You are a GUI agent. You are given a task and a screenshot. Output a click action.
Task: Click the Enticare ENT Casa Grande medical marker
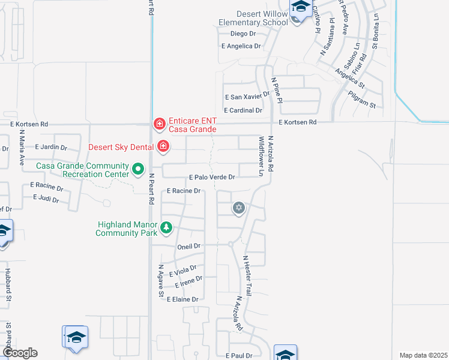click(159, 124)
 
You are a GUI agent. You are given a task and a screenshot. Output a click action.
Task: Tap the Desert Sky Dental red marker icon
click(163, 146)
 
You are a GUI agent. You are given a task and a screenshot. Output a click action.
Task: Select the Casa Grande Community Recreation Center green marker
click(138, 169)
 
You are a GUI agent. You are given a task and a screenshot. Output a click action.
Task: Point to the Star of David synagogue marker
click(239, 208)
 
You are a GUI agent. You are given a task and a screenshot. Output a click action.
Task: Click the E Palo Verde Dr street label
click(212, 178)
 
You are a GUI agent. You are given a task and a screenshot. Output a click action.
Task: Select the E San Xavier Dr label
click(247, 97)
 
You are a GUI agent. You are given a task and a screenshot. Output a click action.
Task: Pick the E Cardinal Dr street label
click(243, 110)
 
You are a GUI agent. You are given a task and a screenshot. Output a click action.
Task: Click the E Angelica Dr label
click(241, 46)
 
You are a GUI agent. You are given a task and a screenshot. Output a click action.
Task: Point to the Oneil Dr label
click(188, 246)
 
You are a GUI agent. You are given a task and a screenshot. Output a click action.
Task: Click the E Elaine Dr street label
click(182, 299)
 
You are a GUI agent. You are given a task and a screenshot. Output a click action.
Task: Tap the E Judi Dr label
click(46, 198)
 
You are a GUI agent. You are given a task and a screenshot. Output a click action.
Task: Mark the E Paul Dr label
click(239, 356)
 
